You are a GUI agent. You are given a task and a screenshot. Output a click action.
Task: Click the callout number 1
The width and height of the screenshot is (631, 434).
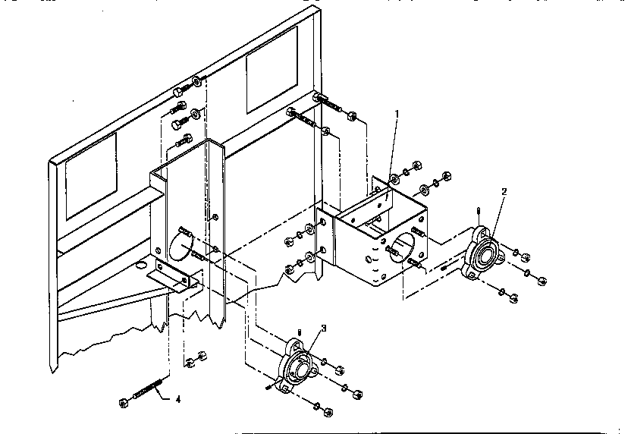pyautogui.click(x=396, y=114)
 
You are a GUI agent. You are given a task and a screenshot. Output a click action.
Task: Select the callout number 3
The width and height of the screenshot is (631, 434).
pyautogui.click(x=324, y=328)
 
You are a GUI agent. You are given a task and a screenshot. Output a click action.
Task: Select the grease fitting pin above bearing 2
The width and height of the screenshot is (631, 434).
pyautogui.click(x=479, y=212)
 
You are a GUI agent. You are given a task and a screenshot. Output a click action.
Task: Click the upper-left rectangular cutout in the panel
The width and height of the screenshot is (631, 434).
pyautogui.click(x=91, y=177)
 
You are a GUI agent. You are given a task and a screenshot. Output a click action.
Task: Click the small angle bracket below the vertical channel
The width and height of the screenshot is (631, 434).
pyautogui.click(x=174, y=275)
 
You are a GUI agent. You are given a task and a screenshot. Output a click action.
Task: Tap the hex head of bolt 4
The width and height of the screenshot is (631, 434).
pyautogui.click(x=124, y=401)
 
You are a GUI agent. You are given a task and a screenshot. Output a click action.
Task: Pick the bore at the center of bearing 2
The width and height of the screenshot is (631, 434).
pyautogui.click(x=483, y=256)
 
